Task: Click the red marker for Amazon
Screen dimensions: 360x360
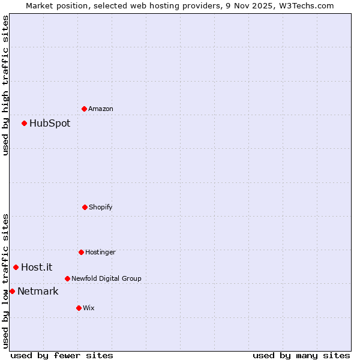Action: pyautogui.click(x=84, y=109)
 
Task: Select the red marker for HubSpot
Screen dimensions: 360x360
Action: pyautogui.click(x=24, y=123)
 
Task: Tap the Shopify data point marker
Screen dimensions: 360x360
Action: pyautogui.click(x=85, y=207)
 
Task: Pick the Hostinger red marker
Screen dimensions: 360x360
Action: pyautogui.click(x=81, y=252)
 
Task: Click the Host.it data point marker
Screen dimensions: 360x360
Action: pyautogui.click(x=16, y=267)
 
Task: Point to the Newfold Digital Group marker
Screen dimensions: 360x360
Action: pyautogui.click(x=67, y=278)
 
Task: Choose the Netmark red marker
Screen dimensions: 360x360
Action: pyautogui.click(x=12, y=291)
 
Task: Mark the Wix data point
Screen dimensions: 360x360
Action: pyautogui.click(x=79, y=308)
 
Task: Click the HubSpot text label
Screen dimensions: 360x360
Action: pyautogui.click(x=50, y=124)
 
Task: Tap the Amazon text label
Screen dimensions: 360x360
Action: pyautogui.click(x=101, y=109)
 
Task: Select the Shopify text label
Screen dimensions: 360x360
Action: pyautogui.click(x=101, y=208)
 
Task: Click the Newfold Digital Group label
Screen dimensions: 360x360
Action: pyautogui.click(x=106, y=279)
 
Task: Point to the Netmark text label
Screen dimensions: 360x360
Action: pyautogui.click(x=38, y=292)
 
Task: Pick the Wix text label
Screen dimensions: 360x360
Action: pyautogui.click(x=89, y=308)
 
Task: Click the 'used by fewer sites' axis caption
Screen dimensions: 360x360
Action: pyautogui.click(x=62, y=355)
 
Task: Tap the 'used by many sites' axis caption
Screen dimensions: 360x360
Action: pyautogui.click(x=301, y=355)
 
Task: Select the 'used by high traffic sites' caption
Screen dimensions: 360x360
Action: pyautogui.click(x=5, y=85)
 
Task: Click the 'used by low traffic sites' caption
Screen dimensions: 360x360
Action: pyautogui.click(x=5, y=281)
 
